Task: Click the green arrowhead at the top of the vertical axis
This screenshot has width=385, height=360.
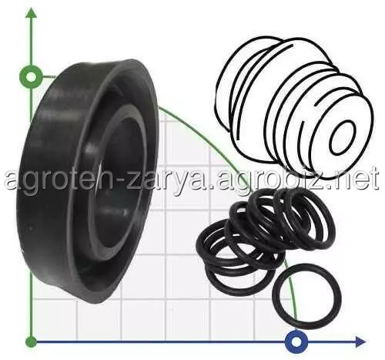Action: pos(32,13)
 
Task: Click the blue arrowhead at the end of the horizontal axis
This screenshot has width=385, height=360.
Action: pos(360,341)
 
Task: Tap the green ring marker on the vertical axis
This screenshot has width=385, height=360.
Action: pos(31,77)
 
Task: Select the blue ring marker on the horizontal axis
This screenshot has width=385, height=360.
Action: pos(296,341)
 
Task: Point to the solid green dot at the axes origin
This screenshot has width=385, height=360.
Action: pos(32,341)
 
